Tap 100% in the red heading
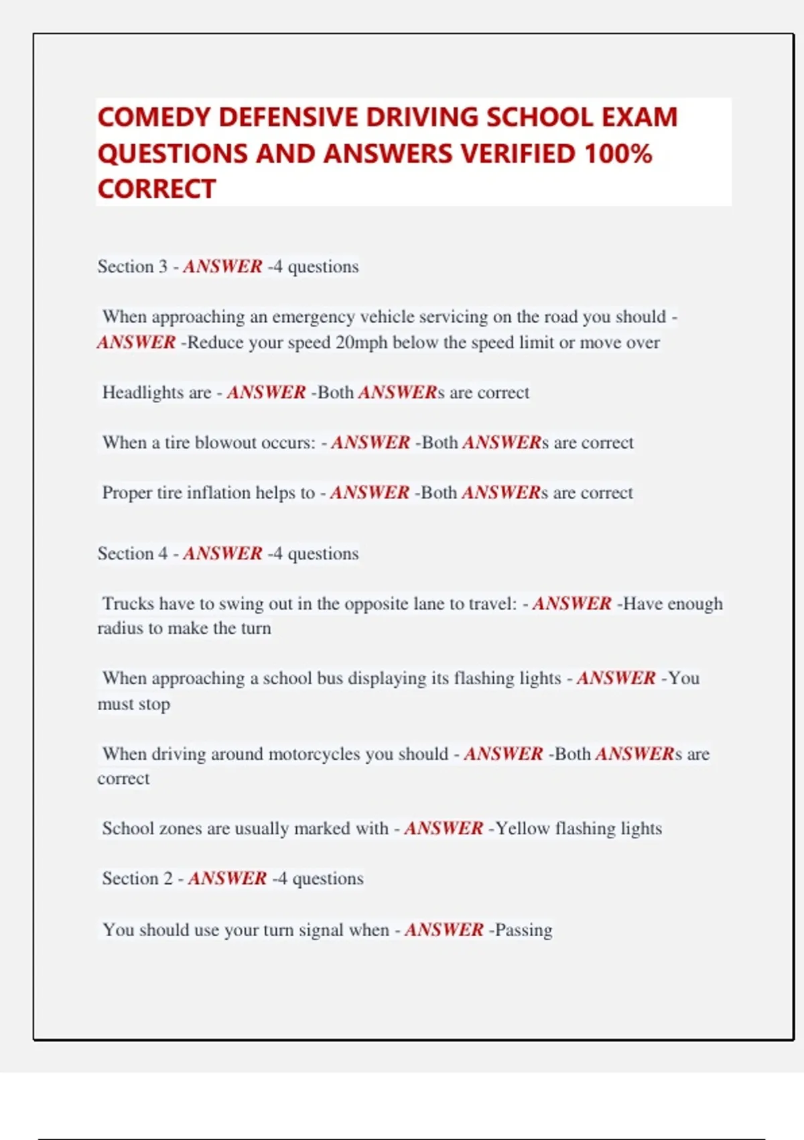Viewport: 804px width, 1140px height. pos(618,154)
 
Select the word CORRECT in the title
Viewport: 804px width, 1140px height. pos(156,189)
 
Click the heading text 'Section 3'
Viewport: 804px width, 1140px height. pos(132,267)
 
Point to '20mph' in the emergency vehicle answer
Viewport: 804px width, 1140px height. pos(362,343)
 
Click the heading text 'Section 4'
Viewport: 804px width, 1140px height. pos(132,554)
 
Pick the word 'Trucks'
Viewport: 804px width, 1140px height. pos(128,604)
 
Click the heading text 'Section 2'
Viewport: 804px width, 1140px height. pos(137,878)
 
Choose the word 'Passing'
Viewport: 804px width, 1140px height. pos(523,930)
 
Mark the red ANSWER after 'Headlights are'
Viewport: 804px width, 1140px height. pos(266,392)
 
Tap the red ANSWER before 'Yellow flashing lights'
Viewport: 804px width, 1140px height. pos(444,829)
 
